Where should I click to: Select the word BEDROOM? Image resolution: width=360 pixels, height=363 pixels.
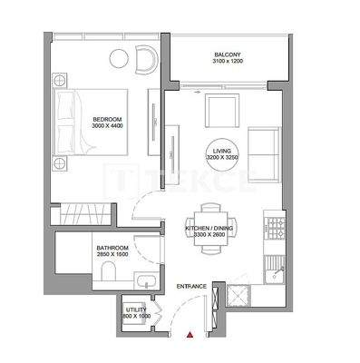107,120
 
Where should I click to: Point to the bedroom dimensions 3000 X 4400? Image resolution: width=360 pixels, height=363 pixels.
107,128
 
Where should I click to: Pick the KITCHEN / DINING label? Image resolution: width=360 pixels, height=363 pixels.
212,228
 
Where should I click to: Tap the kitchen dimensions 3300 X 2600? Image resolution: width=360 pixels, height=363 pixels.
212,236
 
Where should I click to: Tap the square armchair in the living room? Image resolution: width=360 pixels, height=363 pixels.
219,112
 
